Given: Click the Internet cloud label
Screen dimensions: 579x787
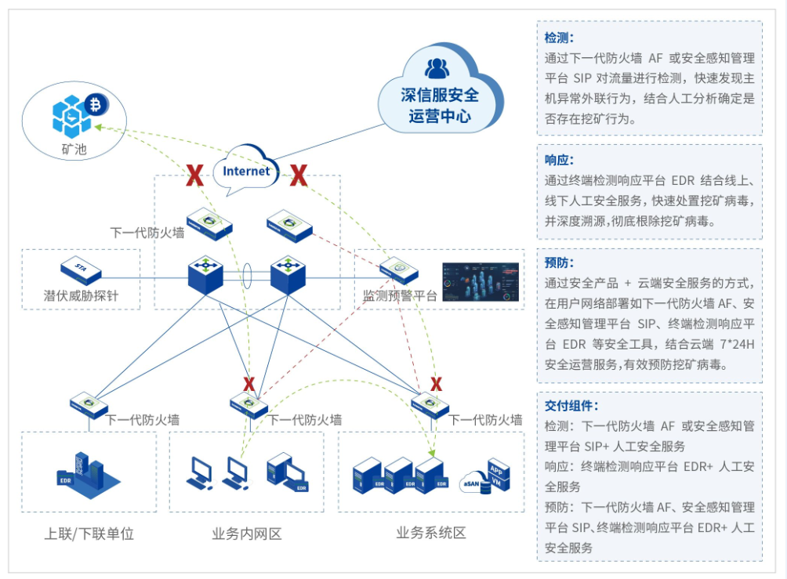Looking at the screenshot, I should pyautogui.click(x=247, y=171).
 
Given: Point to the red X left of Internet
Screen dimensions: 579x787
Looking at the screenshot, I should pyautogui.click(x=194, y=176).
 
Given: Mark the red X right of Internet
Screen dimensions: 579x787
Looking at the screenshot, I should pyautogui.click(x=298, y=176).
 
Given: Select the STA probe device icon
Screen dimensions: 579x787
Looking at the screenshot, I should pyautogui.click(x=81, y=269).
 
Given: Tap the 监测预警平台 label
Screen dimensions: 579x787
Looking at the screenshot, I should pyautogui.click(x=399, y=295).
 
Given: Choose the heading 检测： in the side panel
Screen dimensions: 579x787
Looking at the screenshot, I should pyautogui.click(x=560, y=37).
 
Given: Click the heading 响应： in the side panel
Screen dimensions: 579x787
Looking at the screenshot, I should pyautogui.click(x=560, y=160).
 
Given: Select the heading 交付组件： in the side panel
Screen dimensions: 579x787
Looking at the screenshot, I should pyautogui.click(x=571, y=406).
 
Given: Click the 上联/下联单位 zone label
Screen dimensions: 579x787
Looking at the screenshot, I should pyautogui.click(x=89, y=534).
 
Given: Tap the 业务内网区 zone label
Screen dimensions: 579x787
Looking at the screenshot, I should pyautogui.click(x=246, y=534).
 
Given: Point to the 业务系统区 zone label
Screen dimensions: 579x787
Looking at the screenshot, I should pyautogui.click(x=431, y=534).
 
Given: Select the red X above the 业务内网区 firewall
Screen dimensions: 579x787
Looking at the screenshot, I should pyautogui.click(x=248, y=384).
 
